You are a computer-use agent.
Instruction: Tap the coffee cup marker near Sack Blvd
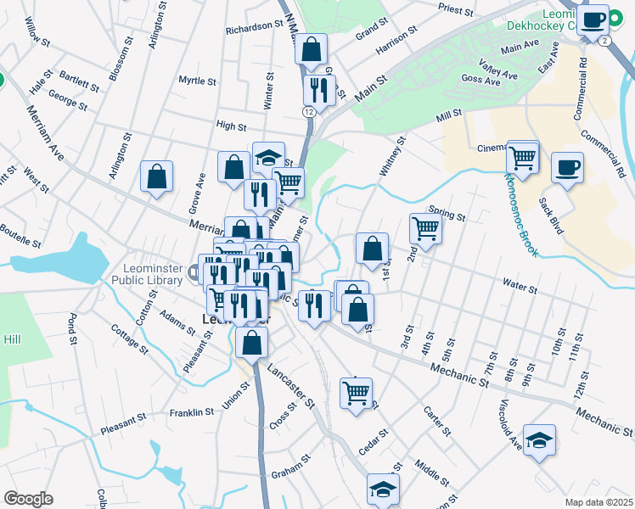click(566, 167)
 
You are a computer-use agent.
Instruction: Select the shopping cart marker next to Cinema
click(523, 157)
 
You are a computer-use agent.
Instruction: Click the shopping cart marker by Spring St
click(424, 228)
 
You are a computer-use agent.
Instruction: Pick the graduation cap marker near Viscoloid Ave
click(539, 440)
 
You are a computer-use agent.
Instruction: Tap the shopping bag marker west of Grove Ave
click(157, 177)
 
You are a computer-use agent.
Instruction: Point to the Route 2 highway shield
click(603, 40)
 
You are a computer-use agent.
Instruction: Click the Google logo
click(28, 498)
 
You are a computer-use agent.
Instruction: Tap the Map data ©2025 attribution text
click(598, 502)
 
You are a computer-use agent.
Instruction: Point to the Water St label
click(520, 288)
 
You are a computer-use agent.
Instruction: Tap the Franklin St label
click(191, 412)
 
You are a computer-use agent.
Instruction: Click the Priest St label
click(455, 8)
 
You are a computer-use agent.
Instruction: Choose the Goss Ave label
click(480, 80)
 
